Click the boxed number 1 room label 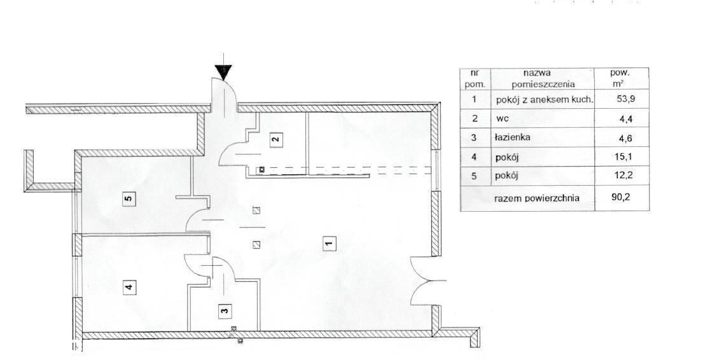click(x=329, y=243)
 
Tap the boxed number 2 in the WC click(x=275, y=139)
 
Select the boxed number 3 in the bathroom click(x=224, y=310)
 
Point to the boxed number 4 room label click(x=129, y=287)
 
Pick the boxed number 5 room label click(x=129, y=198)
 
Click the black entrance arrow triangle click(x=223, y=73)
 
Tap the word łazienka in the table click(x=513, y=137)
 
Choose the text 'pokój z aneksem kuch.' click(x=545, y=100)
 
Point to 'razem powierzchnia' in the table click(x=537, y=198)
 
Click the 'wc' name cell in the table click(x=501, y=119)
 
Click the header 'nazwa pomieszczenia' click(x=543, y=78)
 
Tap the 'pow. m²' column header click(x=620, y=78)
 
